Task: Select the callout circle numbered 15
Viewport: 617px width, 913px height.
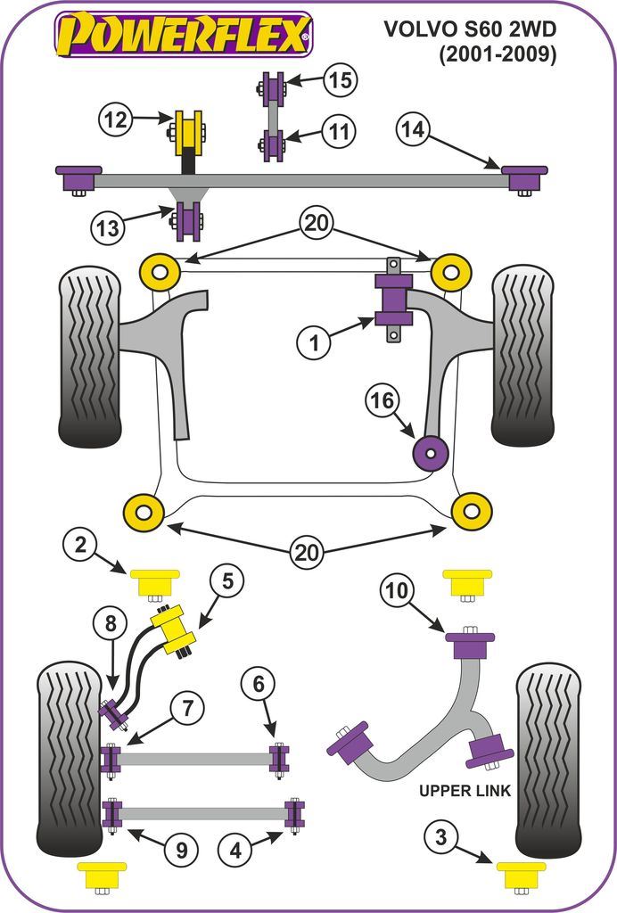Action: click(338, 81)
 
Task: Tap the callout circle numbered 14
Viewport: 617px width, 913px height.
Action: click(413, 130)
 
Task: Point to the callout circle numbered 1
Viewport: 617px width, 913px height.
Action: click(314, 340)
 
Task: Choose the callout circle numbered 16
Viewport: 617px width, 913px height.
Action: click(382, 401)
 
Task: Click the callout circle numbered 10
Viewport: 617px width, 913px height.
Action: click(398, 590)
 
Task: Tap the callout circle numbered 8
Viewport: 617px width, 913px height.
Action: click(111, 625)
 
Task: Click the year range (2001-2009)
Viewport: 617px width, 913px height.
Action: click(498, 55)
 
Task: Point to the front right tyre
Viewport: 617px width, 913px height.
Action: click(522, 357)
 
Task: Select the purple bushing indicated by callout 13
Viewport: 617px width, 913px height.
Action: click(188, 221)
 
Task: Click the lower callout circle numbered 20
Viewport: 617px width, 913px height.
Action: click(307, 553)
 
